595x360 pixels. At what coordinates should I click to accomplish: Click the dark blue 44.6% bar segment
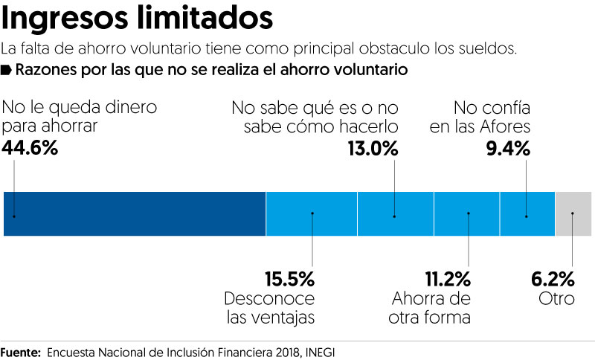click(135, 214)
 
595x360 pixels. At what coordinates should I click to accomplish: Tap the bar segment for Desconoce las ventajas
click(312, 214)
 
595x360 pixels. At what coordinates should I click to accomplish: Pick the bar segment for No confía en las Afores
click(527, 214)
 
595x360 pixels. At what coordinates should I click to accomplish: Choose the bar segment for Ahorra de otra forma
click(467, 214)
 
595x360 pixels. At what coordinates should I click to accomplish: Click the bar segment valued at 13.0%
click(395, 214)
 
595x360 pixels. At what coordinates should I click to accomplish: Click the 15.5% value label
click(290, 280)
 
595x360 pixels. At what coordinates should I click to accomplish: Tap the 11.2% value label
click(448, 280)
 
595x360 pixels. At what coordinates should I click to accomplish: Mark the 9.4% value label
click(507, 149)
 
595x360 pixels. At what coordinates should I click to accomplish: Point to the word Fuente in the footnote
click(20, 350)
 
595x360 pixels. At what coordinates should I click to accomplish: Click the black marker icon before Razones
click(7, 71)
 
